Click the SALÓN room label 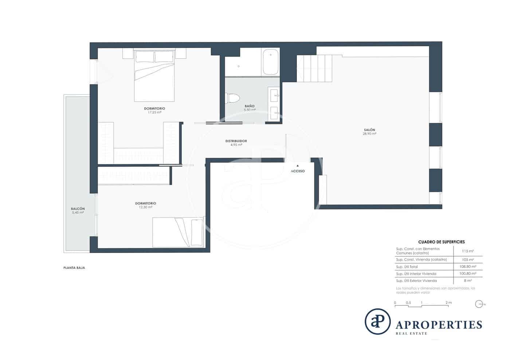(x=369, y=130)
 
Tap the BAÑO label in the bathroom (x=250, y=106)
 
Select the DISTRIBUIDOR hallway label (x=236, y=141)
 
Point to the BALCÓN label (x=78, y=209)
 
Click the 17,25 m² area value (x=154, y=112)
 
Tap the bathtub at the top (x=270, y=62)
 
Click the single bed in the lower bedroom (x=178, y=232)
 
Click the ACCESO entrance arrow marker (x=298, y=166)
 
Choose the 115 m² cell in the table (x=467, y=251)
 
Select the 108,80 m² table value (x=467, y=266)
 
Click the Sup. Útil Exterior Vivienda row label (x=416, y=281)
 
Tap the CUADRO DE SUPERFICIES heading (x=441, y=242)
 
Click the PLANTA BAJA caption (x=74, y=268)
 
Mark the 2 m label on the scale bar (x=448, y=302)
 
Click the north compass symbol (x=479, y=304)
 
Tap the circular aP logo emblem (x=377, y=321)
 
